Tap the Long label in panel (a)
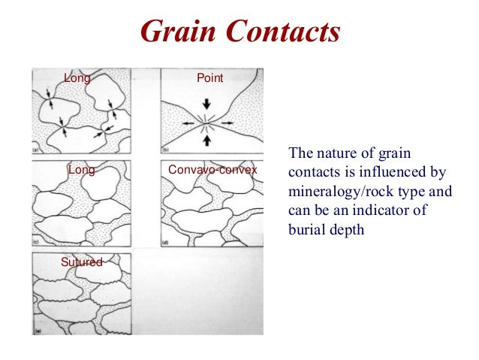coord(77,77)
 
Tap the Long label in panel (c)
coord(81,170)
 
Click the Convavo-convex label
coord(212,170)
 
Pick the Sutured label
coord(81,262)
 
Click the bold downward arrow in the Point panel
coord(207,106)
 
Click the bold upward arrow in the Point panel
coord(207,139)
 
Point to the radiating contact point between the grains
coord(207,122)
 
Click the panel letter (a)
coord(36,150)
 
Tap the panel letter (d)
coord(165,242)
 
